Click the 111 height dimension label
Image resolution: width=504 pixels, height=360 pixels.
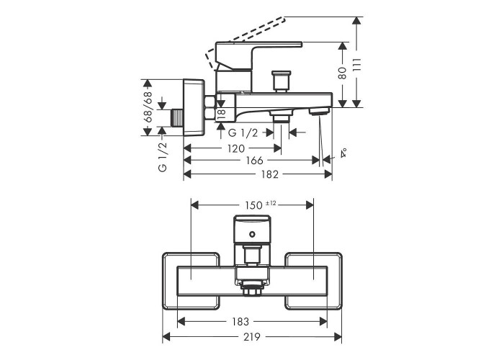pos(356,66)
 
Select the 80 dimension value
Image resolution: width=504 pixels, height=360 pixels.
pos(343,73)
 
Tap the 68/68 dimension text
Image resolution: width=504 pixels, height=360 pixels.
pos(148,107)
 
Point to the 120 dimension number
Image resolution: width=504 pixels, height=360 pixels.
pos(236,148)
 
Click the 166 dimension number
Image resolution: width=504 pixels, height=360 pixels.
pos(255,160)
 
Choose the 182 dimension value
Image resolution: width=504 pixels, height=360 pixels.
pos(270,174)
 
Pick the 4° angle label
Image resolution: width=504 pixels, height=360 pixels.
pos(343,153)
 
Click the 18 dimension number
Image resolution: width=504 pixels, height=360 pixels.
pos(222,114)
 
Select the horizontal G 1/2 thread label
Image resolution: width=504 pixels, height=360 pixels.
pos(243,132)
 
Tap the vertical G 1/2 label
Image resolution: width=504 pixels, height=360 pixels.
pos(163,157)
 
